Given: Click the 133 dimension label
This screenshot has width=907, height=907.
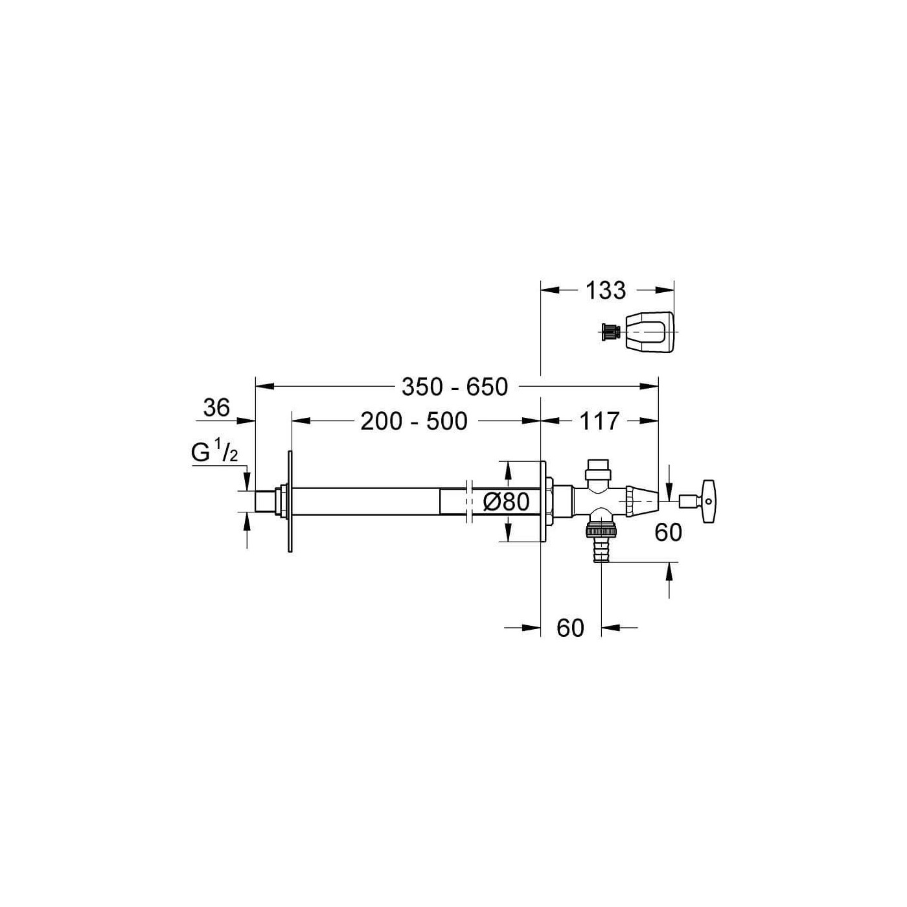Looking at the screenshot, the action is [605, 290].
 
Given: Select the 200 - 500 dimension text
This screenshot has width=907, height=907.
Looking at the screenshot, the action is [414, 421].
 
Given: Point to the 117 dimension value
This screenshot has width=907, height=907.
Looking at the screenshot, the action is [599, 421].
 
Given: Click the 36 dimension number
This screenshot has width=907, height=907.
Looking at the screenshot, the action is [216, 407].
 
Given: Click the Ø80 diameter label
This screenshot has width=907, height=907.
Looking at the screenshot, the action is [506, 502].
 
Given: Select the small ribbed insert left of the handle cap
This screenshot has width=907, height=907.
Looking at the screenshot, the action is [610, 333].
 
